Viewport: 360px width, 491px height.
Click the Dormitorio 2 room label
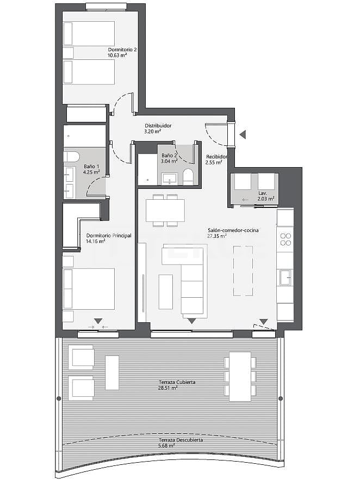point(122,50)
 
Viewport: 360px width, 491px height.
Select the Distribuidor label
point(158,126)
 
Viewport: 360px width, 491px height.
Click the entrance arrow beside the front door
point(243,134)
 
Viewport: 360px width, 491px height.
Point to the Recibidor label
point(216,157)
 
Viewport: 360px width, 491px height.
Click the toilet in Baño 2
point(188,176)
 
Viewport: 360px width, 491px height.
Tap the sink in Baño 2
point(170,179)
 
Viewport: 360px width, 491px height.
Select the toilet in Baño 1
point(72,157)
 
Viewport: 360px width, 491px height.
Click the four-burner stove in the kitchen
point(285,240)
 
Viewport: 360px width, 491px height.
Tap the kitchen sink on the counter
point(285,278)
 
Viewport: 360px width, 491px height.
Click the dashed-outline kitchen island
point(243,271)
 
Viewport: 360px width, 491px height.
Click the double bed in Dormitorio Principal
point(89,289)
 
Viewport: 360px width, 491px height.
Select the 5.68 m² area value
point(166,446)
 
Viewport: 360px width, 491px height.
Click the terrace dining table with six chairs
point(240,376)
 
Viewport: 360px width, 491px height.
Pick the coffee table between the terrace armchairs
point(112,372)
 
